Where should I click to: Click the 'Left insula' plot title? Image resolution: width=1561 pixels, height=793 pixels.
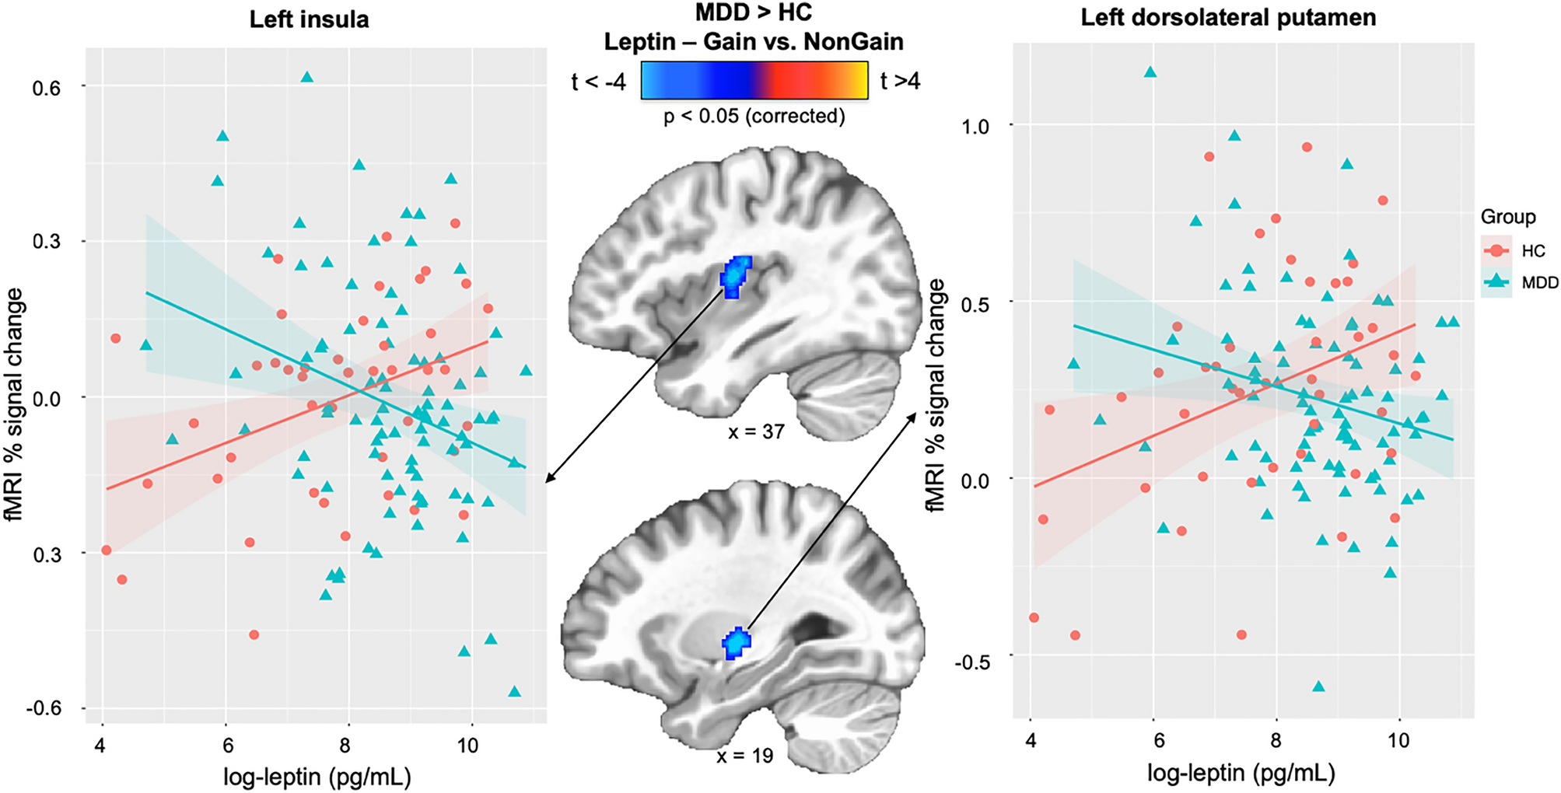(309, 19)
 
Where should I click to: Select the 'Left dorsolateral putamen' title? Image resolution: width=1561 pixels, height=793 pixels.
(1228, 18)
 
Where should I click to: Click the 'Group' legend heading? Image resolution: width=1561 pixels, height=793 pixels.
(1507, 217)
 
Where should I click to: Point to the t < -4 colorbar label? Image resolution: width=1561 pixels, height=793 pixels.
(598, 82)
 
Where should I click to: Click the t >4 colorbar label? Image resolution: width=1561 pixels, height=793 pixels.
(900, 80)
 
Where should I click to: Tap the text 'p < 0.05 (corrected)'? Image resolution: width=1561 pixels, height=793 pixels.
(754, 117)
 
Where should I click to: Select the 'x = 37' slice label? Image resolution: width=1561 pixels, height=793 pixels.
(755, 431)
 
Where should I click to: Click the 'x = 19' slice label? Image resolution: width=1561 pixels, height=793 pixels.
(744, 755)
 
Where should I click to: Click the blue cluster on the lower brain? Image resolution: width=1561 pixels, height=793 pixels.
(735, 643)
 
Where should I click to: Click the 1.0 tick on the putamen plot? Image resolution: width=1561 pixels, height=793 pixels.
(975, 127)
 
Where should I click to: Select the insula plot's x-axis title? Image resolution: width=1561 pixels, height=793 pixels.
(317, 776)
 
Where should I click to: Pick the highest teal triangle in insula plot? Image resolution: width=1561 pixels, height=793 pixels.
(306, 77)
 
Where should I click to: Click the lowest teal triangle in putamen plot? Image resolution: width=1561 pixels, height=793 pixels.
(1318, 686)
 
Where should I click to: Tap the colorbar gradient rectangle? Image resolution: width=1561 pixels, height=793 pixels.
(754, 81)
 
